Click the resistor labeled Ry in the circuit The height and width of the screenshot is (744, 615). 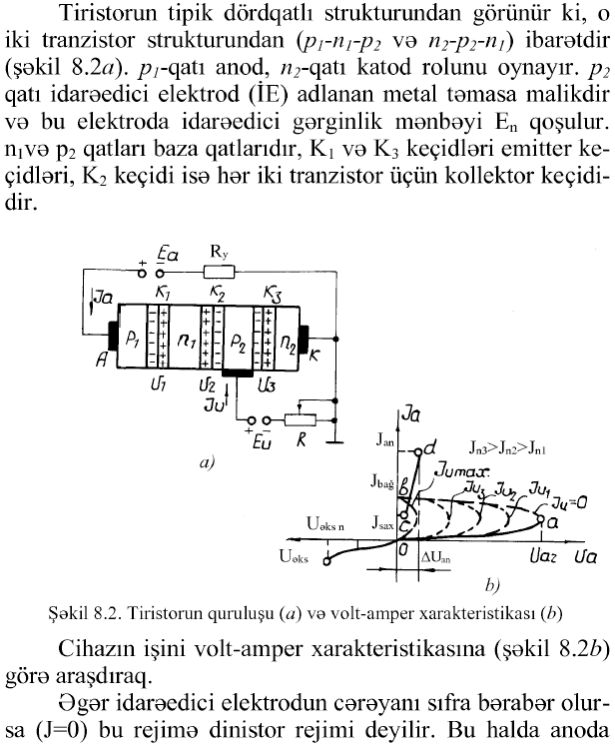[219, 271]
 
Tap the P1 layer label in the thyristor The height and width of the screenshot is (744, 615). [132, 342]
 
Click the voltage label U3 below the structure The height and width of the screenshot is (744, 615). [265, 384]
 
